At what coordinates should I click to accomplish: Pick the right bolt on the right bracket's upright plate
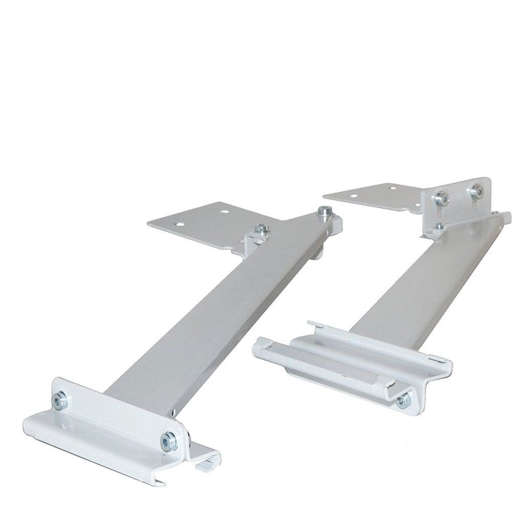point(477,190)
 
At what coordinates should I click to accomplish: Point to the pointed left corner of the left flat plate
point(147,222)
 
